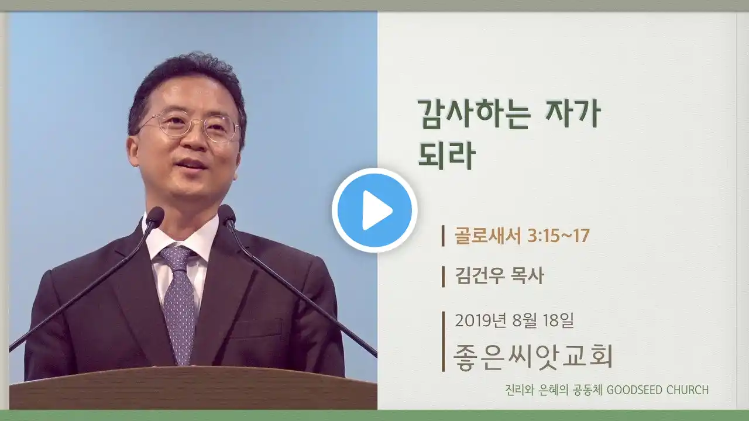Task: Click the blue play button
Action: pos(374,210)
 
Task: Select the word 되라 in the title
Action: pos(446,155)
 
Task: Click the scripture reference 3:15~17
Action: pos(558,236)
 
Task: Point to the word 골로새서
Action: pos(488,236)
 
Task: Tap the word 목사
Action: pos(528,277)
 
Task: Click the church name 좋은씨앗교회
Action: pos(533,357)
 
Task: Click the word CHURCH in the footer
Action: pos(688,390)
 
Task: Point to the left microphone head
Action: pos(155,216)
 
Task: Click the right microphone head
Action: pos(226,214)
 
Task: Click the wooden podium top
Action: pos(193,388)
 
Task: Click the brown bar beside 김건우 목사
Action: pos(443,277)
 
